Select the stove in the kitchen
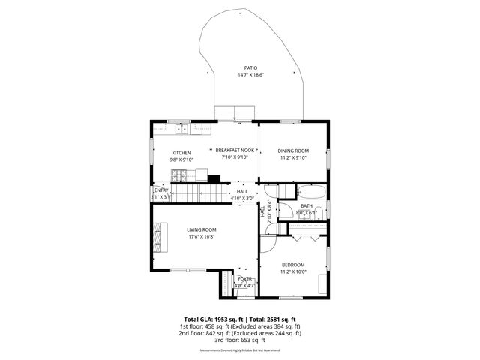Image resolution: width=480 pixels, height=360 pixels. pyautogui.click(x=179, y=176)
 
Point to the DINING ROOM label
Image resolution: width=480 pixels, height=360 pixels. pyautogui.click(x=293, y=151)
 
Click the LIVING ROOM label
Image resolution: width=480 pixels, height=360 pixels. pyautogui.click(x=202, y=229)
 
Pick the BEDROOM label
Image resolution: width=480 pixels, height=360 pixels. pyautogui.click(x=293, y=264)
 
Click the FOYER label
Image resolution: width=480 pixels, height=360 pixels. pyautogui.click(x=244, y=279)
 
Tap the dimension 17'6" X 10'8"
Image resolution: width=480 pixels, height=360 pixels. pyautogui.click(x=202, y=237)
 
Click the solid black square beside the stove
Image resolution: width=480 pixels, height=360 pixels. pyautogui.click(x=215, y=179)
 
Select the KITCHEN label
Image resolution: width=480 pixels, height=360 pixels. pyautogui.click(x=181, y=152)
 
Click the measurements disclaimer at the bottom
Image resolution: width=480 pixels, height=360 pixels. pyautogui.click(x=239, y=350)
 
